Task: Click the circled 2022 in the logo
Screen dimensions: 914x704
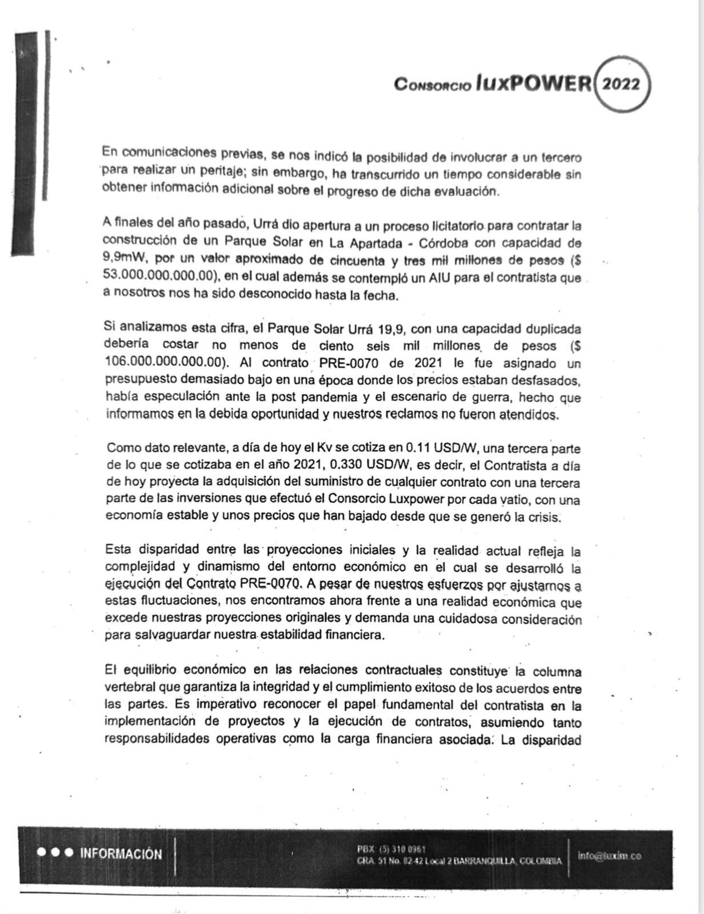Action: tap(622, 85)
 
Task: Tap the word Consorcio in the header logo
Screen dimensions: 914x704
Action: tap(432, 85)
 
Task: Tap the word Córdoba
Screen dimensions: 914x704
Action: tap(448, 243)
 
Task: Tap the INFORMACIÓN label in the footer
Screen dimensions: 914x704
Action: tap(121, 854)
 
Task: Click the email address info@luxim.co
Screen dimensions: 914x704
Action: tap(609, 856)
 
